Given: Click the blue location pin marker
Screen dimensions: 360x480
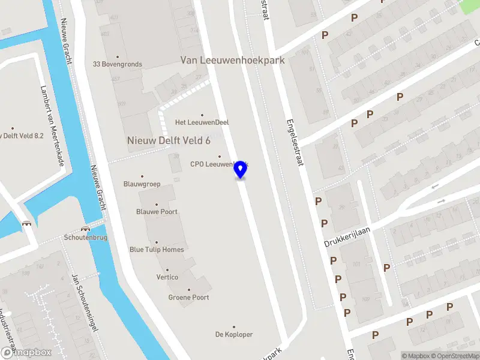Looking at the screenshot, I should pyautogui.click(x=241, y=169).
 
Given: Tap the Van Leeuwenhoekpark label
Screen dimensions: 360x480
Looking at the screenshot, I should pyautogui.click(x=233, y=60).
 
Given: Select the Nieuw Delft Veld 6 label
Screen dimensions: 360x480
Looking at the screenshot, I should pyautogui.click(x=169, y=140).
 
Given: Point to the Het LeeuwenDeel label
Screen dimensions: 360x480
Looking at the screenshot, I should pyautogui.click(x=202, y=122).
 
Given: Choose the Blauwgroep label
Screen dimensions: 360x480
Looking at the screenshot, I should pyautogui.click(x=142, y=184).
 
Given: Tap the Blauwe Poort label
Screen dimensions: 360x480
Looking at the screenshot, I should pyautogui.click(x=157, y=212).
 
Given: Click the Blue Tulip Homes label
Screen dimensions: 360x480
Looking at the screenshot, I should pyautogui.click(x=157, y=250).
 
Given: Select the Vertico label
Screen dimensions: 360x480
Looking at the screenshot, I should pyautogui.click(x=167, y=277).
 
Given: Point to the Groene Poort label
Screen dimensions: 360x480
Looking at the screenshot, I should pyautogui.click(x=188, y=298).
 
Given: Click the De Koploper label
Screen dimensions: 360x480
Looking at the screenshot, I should pyautogui.click(x=234, y=334).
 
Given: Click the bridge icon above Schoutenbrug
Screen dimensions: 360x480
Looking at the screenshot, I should pyautogui.click(x=85, y=228).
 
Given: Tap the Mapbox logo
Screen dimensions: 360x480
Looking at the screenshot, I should pyautogui.click(x=26, y=353).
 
